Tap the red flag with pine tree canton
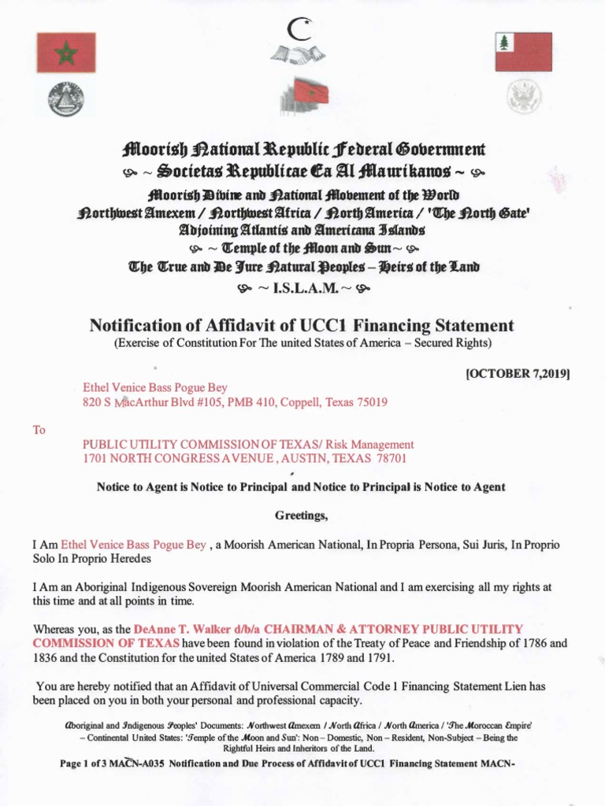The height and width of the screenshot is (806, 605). pos(523,52)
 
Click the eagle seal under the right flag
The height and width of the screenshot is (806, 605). pos(522,98)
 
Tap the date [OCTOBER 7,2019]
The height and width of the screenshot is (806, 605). pos(518,374)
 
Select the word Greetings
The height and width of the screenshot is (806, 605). pos(300,516)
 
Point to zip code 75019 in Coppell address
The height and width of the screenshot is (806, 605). pos(369,402)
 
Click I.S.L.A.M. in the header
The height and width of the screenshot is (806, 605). pos(303,287)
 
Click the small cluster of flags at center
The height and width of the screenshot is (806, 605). pos(304,98)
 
